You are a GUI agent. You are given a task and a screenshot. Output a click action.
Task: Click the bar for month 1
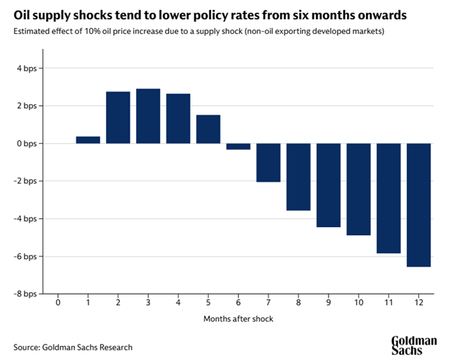coord(87,140)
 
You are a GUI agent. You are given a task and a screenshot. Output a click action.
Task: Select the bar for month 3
coord(148,115)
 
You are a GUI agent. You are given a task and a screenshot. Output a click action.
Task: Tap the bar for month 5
coord(208,129)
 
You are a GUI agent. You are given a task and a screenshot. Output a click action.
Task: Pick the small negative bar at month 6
coord(238,146)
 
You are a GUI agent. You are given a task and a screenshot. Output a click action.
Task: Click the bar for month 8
coord(299,176)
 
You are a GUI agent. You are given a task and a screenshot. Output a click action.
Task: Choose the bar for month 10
coord(359,189)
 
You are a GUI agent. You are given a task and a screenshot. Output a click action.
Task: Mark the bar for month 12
coord(418,204)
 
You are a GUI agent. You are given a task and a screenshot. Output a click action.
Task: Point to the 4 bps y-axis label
coord(26,68)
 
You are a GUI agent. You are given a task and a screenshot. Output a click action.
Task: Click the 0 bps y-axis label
coord(26,143)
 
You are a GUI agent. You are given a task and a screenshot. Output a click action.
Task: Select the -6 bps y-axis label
coord(24,256)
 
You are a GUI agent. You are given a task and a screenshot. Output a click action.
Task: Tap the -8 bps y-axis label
coord(24,293)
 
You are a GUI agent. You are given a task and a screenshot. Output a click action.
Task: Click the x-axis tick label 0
coord(58,303)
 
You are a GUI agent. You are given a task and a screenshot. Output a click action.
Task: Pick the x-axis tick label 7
coord(268,303)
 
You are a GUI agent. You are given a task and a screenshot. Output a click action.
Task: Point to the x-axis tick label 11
coord(388,303)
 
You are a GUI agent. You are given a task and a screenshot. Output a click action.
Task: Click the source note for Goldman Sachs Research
coord(73,346)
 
